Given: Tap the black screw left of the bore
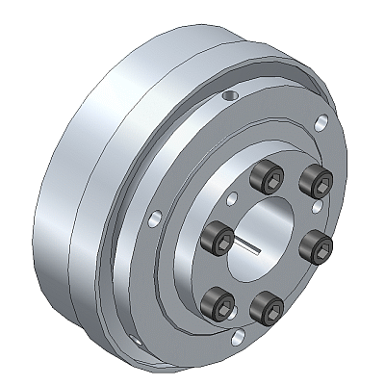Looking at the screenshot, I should (220, 233).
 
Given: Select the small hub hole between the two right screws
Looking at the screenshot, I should (317, 206).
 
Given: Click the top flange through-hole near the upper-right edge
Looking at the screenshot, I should (321, 121).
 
